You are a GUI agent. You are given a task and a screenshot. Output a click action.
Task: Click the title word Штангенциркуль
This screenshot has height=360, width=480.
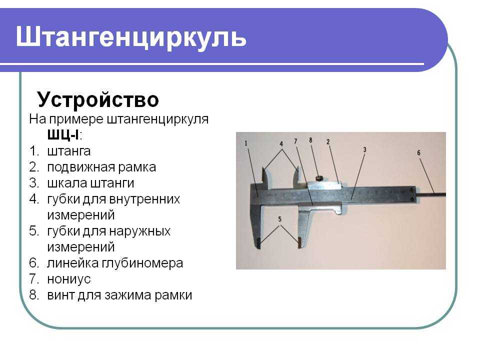pos(131,38)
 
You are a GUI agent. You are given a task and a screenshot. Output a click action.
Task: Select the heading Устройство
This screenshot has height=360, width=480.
pos(98,99)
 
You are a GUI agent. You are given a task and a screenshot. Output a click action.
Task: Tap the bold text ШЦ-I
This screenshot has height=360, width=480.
pos(63,134)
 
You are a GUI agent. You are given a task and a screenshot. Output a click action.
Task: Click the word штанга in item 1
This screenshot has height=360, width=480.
pos(69,151)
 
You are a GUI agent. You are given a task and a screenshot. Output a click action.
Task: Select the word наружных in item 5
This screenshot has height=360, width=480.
pos(139,231)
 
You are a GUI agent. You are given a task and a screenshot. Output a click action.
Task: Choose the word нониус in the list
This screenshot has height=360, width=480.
pos(69,279)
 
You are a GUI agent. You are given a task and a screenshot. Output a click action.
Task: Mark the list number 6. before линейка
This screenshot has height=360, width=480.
pos(34,263)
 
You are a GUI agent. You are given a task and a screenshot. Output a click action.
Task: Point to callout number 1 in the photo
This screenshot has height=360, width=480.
pos(246,143)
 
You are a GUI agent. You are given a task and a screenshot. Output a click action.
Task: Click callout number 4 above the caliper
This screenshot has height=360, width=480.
pos(281,144)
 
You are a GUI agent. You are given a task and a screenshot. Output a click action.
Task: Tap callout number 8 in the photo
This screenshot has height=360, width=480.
pos(310,140)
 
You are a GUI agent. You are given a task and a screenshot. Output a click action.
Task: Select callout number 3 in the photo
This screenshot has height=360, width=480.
pos(364,149)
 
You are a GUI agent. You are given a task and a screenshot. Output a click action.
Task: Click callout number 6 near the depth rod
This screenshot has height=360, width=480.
pos(419,152)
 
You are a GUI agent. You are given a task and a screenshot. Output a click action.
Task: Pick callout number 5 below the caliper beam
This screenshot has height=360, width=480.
pos(279,219)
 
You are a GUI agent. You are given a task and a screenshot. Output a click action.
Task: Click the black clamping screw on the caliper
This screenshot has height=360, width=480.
pos(319,177)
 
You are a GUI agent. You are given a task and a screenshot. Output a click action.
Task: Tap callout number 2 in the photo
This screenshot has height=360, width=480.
pos(328,141)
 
